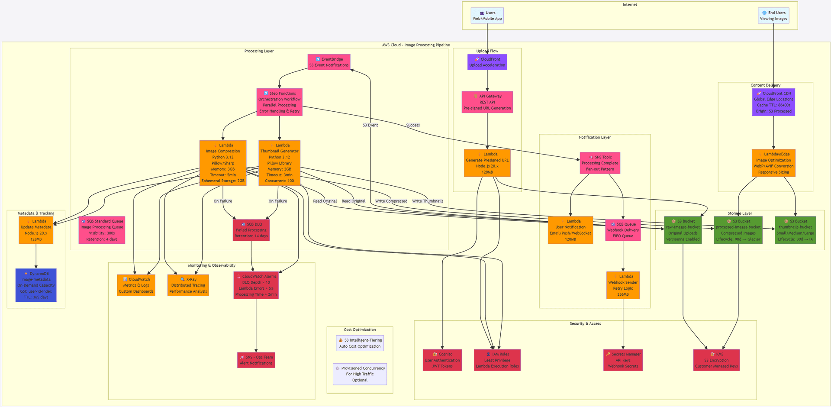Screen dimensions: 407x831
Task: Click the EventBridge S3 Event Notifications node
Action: point(329,62)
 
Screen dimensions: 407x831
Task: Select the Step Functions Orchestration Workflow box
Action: point(279,102)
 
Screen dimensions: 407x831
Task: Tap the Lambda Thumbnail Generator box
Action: point(279,163)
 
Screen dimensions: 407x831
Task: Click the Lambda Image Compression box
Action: point(222,163)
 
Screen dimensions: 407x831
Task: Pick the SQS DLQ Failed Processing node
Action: point(251,230)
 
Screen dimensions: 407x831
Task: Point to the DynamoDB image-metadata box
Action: point(36,285)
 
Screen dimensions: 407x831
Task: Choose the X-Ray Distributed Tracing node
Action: point(188,285)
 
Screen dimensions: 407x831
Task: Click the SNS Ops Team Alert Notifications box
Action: point(256,360)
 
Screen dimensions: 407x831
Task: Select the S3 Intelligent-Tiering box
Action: point(360,343)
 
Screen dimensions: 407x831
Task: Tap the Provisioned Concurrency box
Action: point(360,374)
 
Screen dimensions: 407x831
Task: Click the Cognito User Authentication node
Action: point(442,360)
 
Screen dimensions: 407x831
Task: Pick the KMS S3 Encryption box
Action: point(716,360)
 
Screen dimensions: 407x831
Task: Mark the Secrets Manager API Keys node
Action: point(623,360)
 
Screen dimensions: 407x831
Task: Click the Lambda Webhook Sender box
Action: point(623,285)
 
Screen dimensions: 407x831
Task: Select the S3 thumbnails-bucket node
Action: point(795,230)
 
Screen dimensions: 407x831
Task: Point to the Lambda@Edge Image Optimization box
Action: point(773,163)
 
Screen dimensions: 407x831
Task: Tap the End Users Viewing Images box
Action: point(773,16)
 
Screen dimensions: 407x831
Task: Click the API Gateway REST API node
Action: point(487,102)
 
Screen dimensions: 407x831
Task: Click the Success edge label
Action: point(413,125)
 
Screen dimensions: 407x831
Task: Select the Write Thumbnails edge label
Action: point(428,201)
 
